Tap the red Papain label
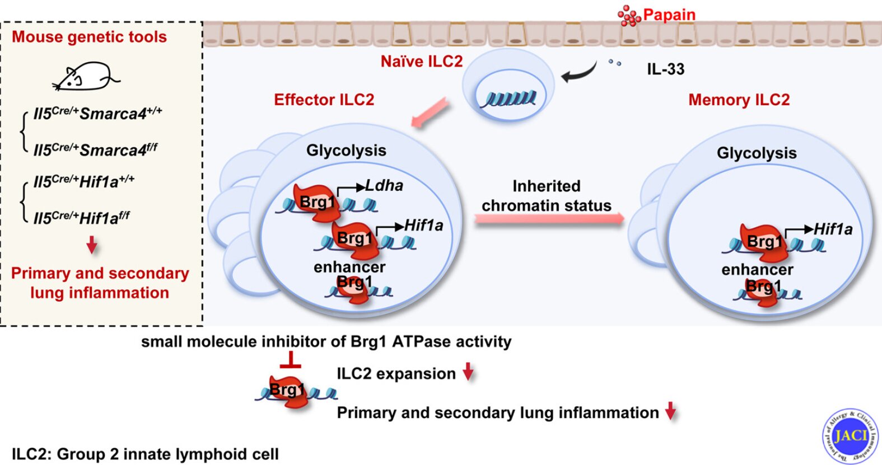tap(669, 15)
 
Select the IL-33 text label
tap(665, 69)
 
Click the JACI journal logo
tap(850, 436)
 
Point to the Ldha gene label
tap(384, 185)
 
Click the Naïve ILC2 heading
tap(422, 61)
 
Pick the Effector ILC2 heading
tap(324, 100)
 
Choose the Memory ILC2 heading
tap(739, 100)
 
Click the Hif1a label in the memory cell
tap(833, 229)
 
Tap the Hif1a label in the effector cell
tap(423, 226)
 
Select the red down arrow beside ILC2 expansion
tap(468, 372)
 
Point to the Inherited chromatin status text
tap(547, 196)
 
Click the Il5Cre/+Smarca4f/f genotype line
tap(95, 150)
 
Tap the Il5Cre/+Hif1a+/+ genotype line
tap(84, 182)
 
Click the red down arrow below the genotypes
tap(92, 245)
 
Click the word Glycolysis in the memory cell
tap(757, 153)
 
